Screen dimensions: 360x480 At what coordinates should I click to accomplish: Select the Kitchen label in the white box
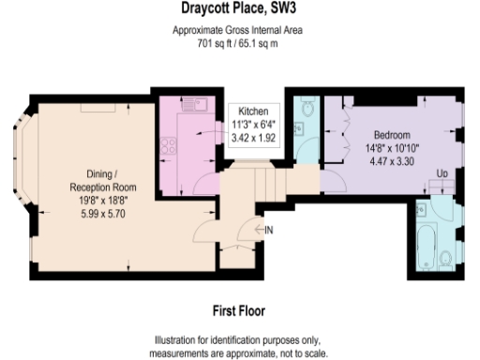click(x=253, y=110)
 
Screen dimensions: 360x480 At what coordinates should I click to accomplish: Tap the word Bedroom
click(x=393, y=134)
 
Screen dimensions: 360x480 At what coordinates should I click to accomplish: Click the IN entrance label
click(x=268, y=231)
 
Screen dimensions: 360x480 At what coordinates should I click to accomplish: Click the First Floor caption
click(x=239, y=308)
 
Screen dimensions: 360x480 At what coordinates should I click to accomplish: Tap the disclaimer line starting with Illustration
click(x=239, y=339)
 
